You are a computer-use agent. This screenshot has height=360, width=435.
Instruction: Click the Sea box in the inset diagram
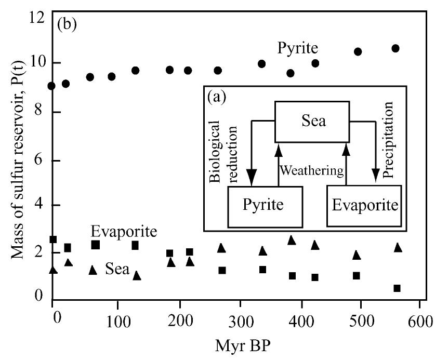(311, 121)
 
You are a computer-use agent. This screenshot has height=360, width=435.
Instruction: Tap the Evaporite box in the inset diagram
(365, 206)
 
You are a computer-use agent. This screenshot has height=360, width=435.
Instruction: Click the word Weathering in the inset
(312, 170)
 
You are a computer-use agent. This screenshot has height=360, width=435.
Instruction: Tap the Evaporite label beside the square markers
(124, 231)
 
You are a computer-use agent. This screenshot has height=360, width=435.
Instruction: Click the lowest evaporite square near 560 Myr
(397, 288)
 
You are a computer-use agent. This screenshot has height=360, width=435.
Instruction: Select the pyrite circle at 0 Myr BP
(51, 86)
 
